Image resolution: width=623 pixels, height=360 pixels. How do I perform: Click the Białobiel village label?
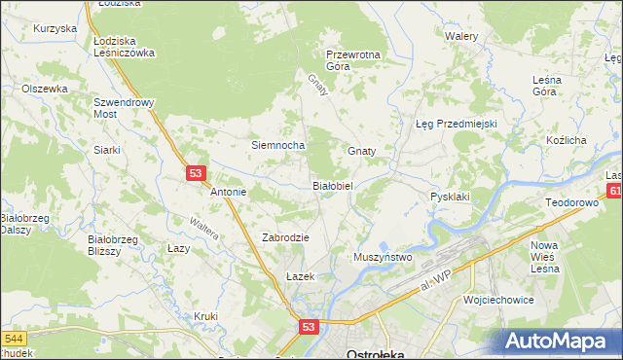click(x=338, y=185)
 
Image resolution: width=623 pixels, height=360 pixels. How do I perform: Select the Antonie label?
click(x=229, y=192)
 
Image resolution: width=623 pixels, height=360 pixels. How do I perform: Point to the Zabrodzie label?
click(x=286, y=237)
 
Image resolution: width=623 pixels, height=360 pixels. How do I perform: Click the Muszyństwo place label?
click(x=383, y=257)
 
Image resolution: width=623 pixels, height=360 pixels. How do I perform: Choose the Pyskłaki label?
click(x=450, y=197)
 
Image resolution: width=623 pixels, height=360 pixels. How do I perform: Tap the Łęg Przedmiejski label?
click(x=457, y=125)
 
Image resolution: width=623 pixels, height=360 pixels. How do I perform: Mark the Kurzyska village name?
click(x=55, y=28)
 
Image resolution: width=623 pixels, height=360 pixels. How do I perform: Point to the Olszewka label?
click(x=45, y=89)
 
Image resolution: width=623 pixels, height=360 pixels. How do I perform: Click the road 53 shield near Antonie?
click(x=197, y=173)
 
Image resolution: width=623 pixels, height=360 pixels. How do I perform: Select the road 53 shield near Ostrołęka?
click(x=309, y=329)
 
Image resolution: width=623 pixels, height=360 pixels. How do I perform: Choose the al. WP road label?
click(x=431, y=283)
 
